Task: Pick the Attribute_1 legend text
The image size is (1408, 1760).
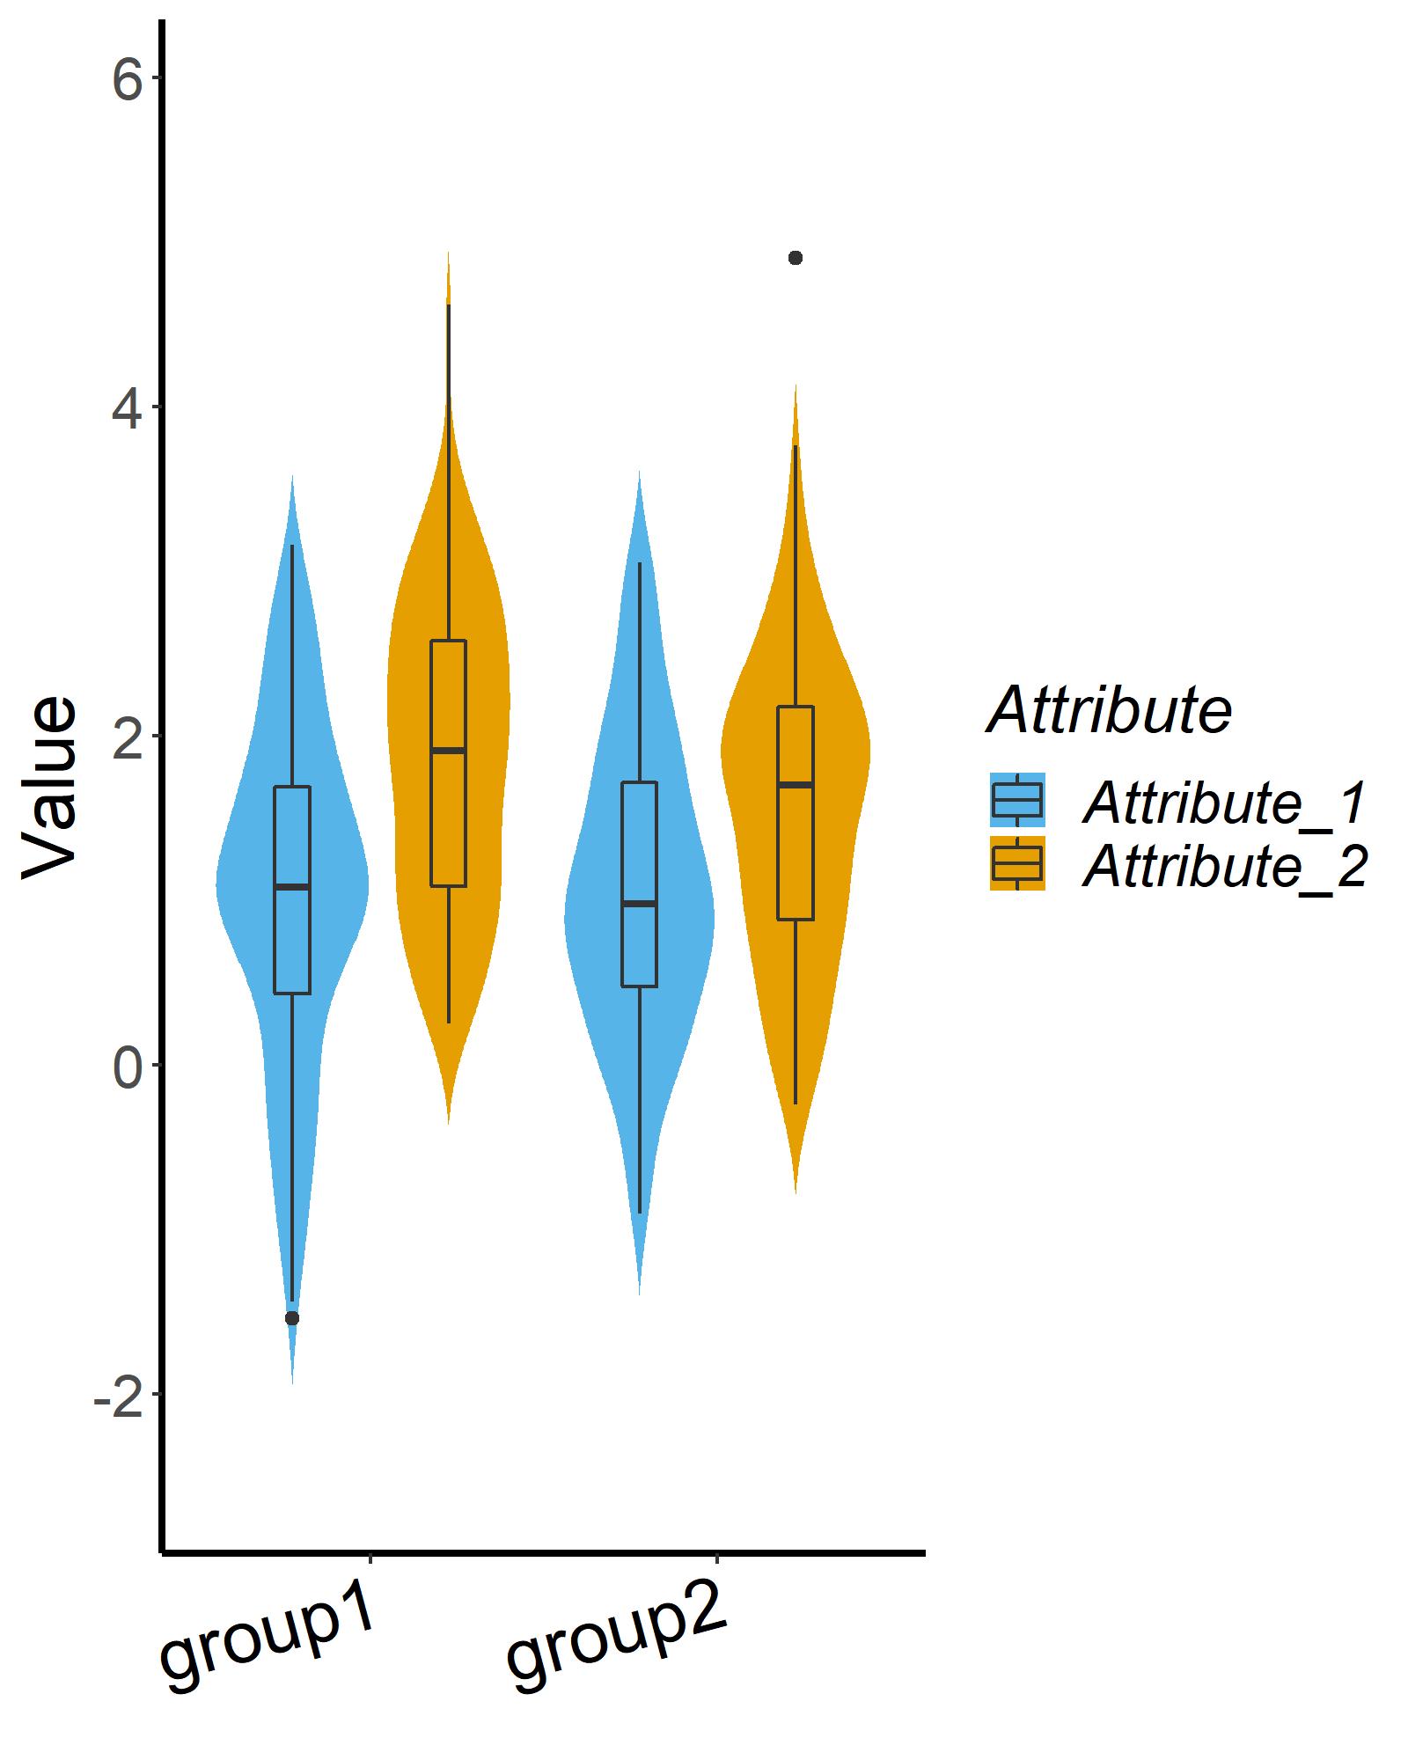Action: click(1224, 803)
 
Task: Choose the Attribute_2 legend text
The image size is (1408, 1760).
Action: click(1224, 867)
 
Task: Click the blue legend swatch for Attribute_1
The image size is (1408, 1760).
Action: click(1016, 800)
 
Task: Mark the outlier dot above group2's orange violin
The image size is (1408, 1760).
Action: click(796, 258)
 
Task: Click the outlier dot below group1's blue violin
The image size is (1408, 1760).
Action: click(292, 1317)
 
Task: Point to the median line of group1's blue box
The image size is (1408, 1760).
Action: click(292, 887)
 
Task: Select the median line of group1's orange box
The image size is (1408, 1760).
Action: click(448, 751)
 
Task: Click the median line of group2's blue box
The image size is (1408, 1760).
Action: click(639, 904)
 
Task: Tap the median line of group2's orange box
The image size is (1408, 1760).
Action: click(796, 784)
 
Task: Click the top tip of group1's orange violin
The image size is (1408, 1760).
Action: click(448, 255)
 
